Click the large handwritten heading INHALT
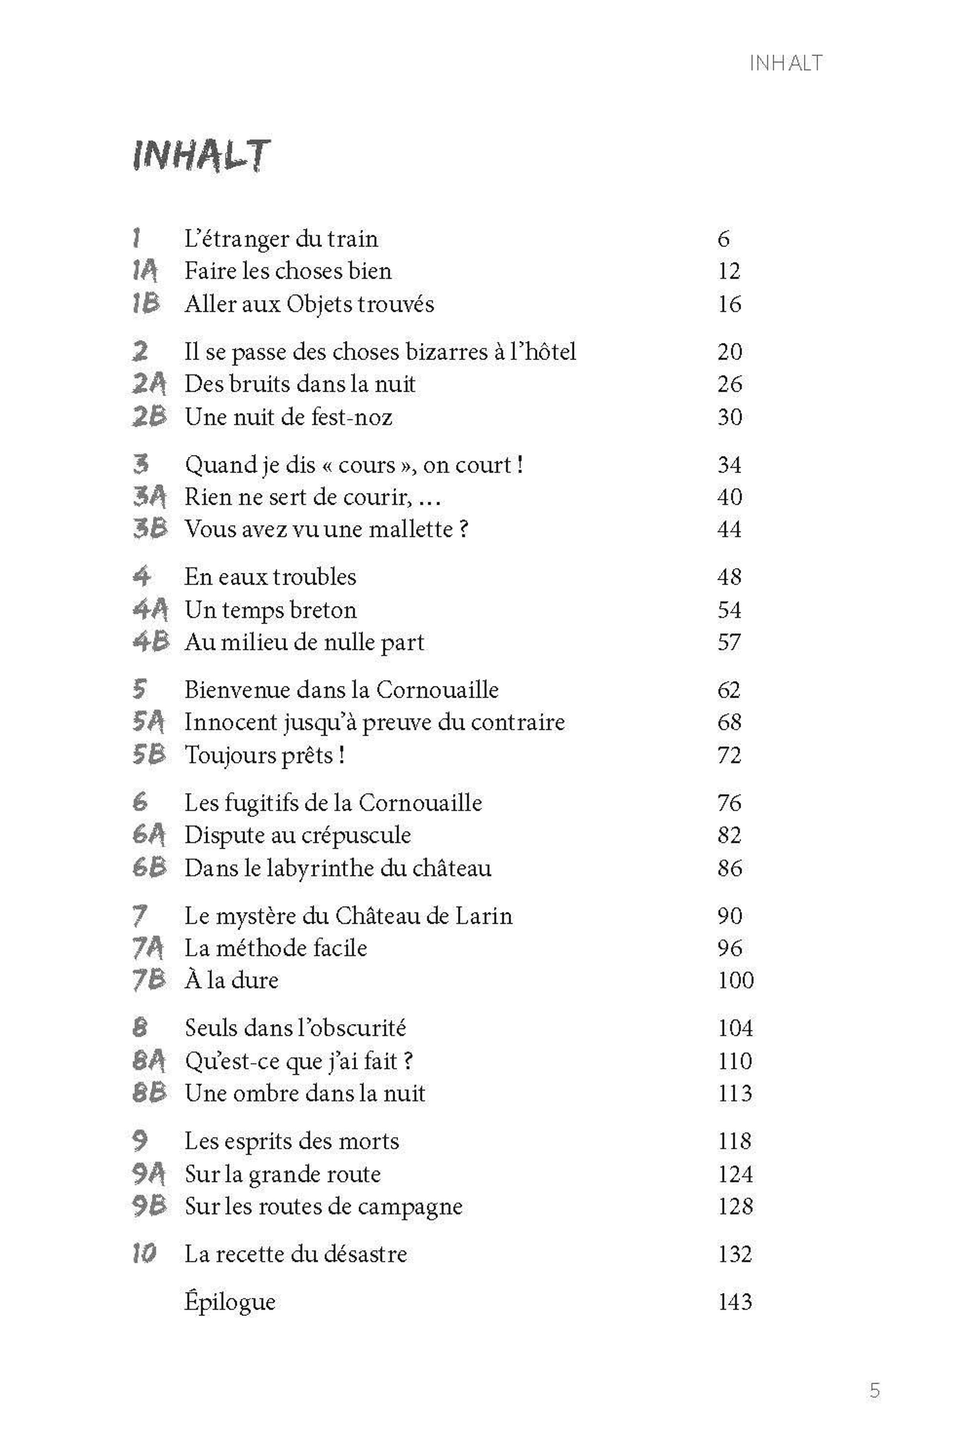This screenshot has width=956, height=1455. [200, 157]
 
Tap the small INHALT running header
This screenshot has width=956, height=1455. [786, 63]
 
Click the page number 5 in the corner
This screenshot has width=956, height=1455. [875, 1391]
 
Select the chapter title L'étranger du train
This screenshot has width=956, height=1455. [281, 239]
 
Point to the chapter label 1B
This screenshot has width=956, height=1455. [146, 304]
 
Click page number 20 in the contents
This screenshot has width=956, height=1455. [729, 352]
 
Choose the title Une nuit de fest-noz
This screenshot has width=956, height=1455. [288, 417]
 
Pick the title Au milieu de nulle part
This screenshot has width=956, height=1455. [304, 642]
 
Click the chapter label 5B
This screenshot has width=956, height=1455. [149, 754]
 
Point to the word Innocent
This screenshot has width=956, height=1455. [231, 722]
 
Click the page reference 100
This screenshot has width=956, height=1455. [735, 980]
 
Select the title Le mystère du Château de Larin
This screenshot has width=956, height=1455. [349, 916]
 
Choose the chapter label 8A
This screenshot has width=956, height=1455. [149, 1061]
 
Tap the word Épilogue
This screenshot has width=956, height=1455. [230, 1302]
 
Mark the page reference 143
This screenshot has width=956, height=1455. [735, 1302]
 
